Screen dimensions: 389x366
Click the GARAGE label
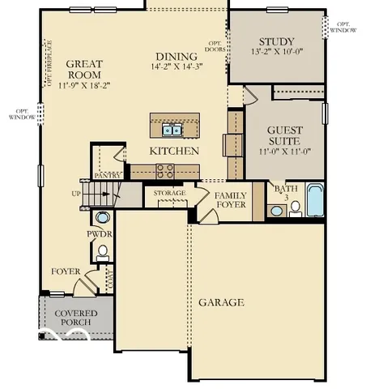(221, 302)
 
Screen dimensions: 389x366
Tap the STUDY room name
(276, 42)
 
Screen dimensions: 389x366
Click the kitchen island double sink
(171, 129)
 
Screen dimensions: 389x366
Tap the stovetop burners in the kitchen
(165, 170)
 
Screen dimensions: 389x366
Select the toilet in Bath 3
(295, 208)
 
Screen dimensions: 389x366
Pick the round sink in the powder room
(103, 217)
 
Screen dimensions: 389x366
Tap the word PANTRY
(107, 175)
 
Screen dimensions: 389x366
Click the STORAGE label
(169, 194)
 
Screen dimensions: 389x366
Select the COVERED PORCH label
(75, 318)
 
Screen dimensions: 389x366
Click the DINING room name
(175, 57)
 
